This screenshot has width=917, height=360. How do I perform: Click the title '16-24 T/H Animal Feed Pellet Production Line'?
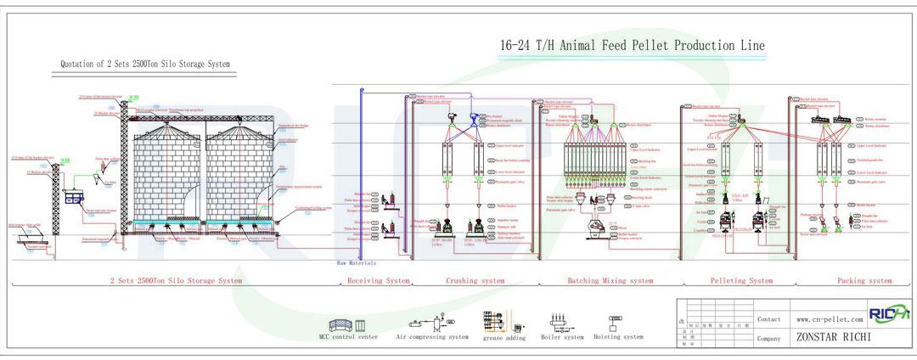[632, 45]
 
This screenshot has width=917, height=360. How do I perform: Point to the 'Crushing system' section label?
[481, 280]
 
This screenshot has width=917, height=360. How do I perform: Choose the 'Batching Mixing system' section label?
[610, 280]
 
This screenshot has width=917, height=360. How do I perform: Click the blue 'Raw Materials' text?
[357, 264]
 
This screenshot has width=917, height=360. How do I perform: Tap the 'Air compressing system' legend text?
[432, 337]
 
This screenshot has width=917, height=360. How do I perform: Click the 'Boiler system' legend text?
[562, 337]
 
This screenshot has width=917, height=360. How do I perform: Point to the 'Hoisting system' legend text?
[619, 337]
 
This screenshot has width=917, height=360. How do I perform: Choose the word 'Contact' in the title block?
[769, 319]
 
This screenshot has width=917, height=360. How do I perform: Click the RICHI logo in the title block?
[889, 313]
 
